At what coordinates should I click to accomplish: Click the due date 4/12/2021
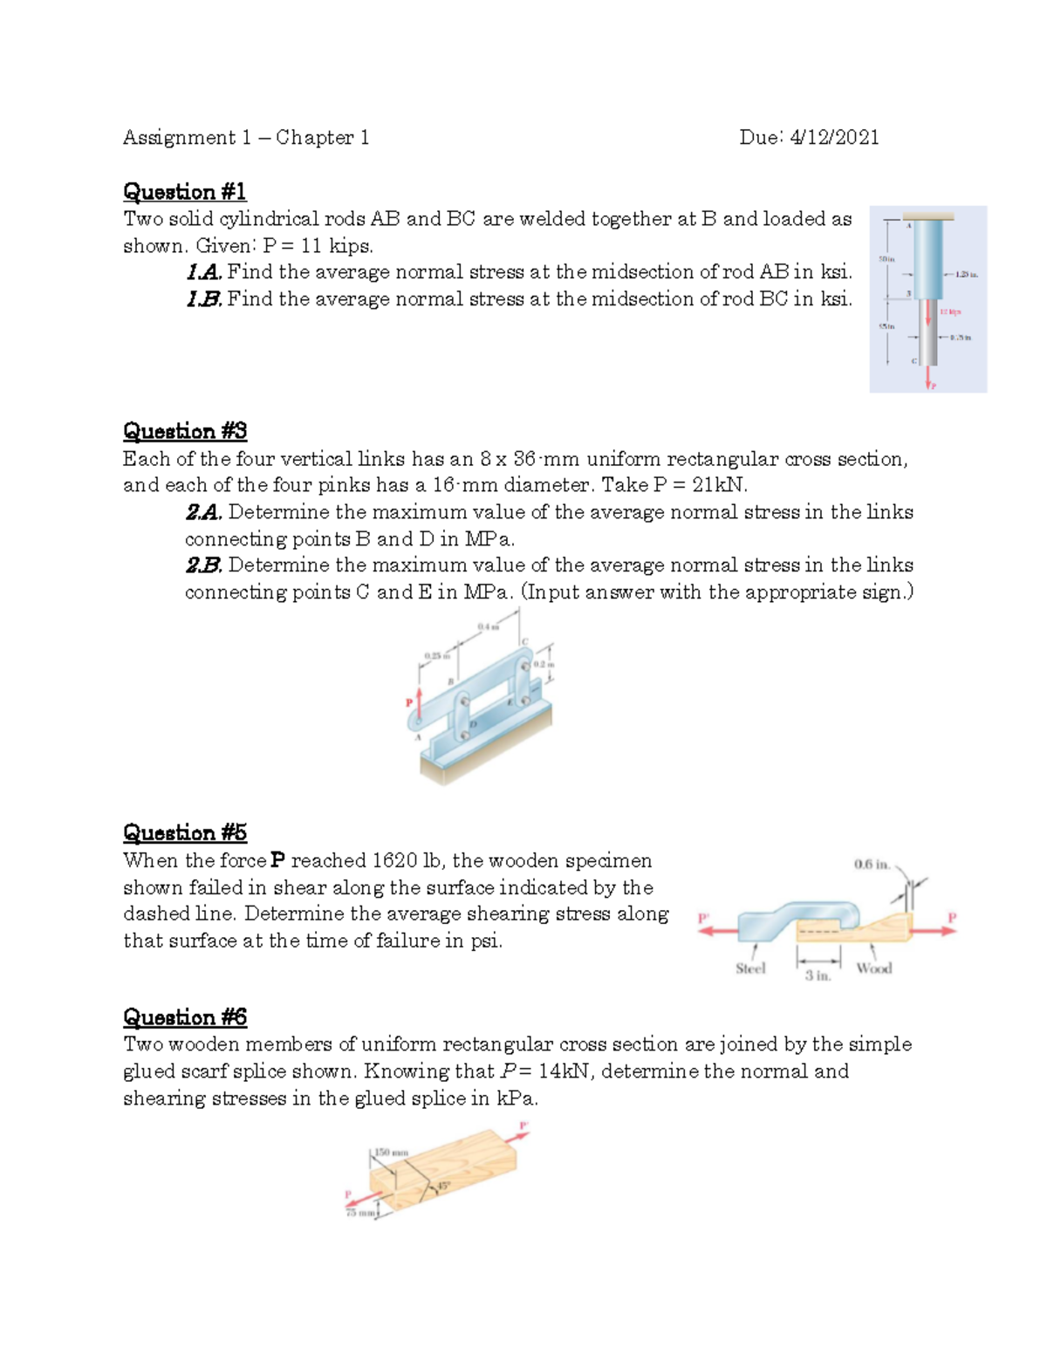tap(834, 137)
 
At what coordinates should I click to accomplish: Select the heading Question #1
tap(185, 191)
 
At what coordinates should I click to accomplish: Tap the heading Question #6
tap(185, 1016)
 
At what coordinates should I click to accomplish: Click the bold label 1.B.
tap(205, 299)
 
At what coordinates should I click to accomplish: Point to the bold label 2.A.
tap(204, 512)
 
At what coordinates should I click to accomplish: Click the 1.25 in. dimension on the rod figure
tap(966, 274)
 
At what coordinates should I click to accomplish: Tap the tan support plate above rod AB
tap(927, 216)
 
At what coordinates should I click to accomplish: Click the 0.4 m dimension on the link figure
tap(488, 626)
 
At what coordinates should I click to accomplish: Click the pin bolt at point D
tap(465, 736)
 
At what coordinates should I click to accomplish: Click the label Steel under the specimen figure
tap(750, 968)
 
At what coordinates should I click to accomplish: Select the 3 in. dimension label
tap(818, 975)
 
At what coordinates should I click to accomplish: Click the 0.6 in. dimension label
tap(872, 865)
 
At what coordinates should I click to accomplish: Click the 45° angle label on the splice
tap(443, 1186)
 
